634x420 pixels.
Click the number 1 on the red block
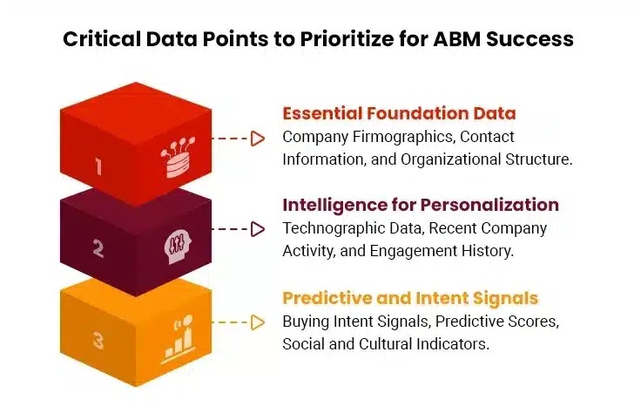98,166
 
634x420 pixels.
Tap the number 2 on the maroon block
98,249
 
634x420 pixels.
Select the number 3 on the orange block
98,340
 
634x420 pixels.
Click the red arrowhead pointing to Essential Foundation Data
257,138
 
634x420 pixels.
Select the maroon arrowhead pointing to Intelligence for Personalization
257,229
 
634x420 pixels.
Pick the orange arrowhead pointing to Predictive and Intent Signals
257,322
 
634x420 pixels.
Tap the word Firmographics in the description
399,137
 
